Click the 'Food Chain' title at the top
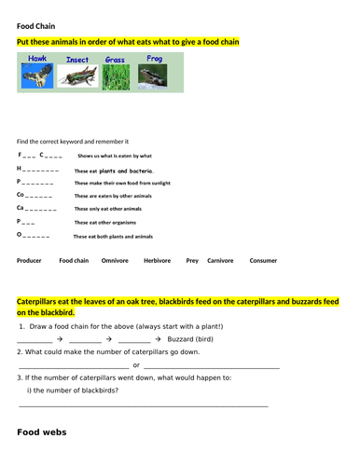coord(35,25)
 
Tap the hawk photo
coord(37,76)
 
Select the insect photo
coord(77,77)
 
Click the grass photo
coord(116,77)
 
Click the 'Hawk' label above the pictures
coord(37,59)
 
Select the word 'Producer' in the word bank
coord(29,261)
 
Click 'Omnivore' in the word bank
coord(115,261)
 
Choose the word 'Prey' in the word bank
coord(192,261)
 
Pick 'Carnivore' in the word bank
coord(220,261)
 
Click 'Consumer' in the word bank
coord(263,261)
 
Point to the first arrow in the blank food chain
coord(58,341)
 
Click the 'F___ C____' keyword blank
coord(40,155)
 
